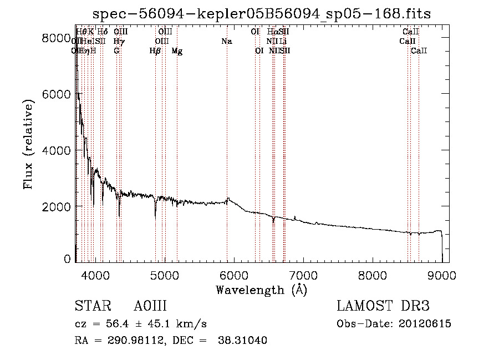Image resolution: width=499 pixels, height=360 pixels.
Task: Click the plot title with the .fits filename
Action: pyautogui.click(x=261, y=13)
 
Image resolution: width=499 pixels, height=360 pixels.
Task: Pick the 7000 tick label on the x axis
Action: pyautogui.click(x=303, y=274)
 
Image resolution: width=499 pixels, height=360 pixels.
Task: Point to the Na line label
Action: pyautogui.click(x=226, y=41)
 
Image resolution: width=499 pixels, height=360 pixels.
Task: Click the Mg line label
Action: pyautogui.click(x=177, y=51)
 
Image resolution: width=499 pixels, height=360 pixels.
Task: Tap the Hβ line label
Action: pyautogui.click(x=155, y=51)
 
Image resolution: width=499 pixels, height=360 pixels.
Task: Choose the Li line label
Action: pyautogui.click(x=283, y=41)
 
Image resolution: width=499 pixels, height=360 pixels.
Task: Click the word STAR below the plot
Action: pyautogui.click(x=91, y=306)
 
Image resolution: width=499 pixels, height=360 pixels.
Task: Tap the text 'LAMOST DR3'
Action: pyautogui.click(x=383, y=306)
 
